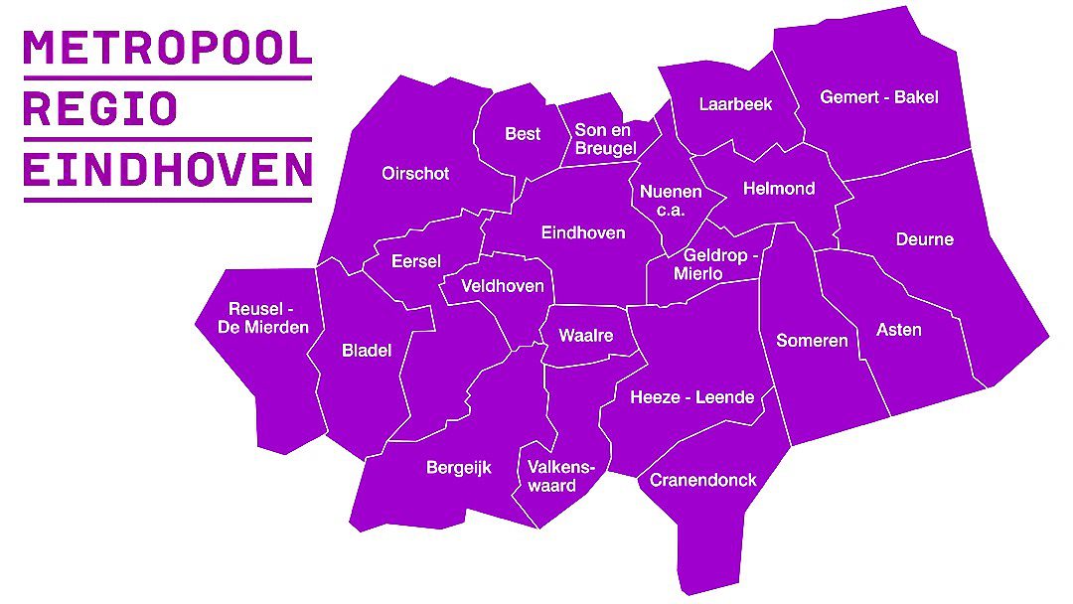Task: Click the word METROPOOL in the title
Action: point(167,47)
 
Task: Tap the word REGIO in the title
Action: point(99,108)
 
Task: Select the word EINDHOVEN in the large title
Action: point(167,170)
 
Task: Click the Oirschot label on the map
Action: point(415,173)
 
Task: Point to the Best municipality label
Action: point(523,134)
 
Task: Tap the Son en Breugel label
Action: point(605,139)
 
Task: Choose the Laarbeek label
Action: point(735,104)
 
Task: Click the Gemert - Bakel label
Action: point(878,97)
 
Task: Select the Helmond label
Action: point(779,189)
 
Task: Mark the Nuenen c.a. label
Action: point(671,201)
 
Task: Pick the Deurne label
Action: point(924,239)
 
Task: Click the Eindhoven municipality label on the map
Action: point(583,232)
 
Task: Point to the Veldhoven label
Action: point(503,286)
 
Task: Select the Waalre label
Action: point(585,336)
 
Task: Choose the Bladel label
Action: point(367,350)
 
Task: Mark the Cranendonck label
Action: point(702,481)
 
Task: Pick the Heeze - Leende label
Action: point(691,397)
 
